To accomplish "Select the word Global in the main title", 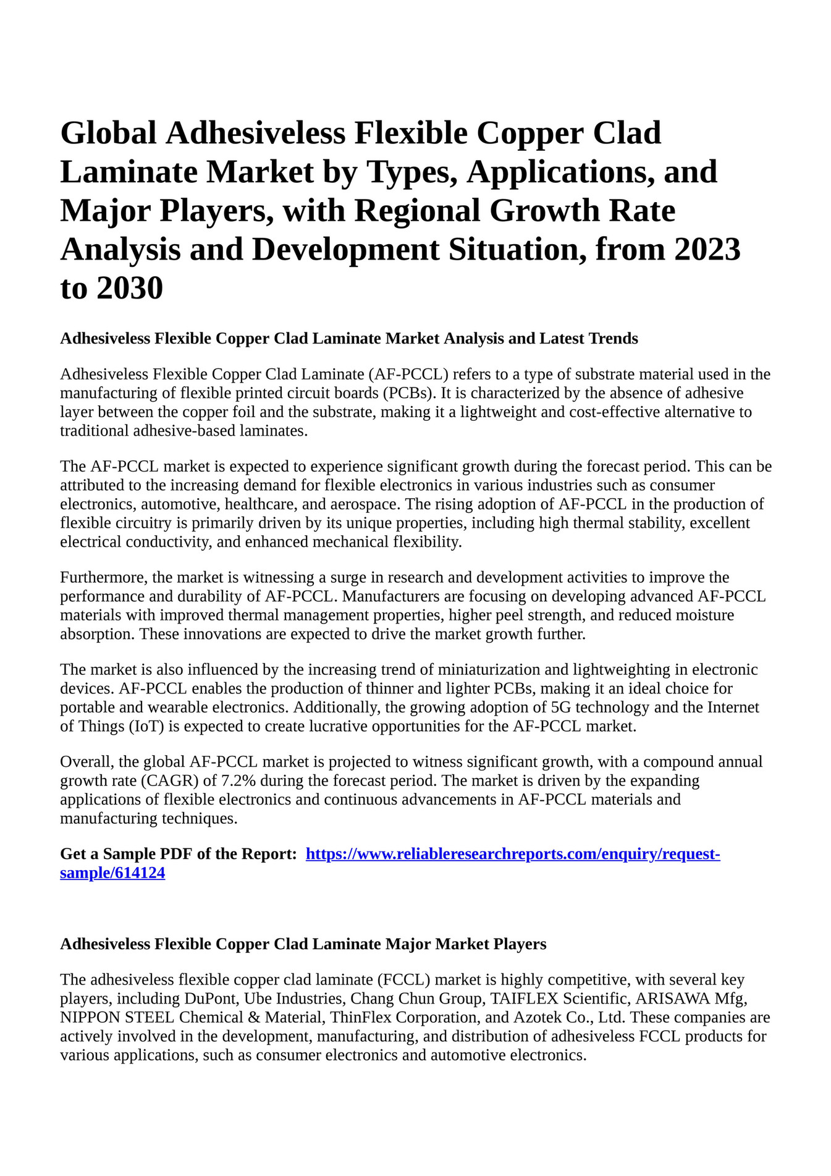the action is [108, 133].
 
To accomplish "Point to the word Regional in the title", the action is [421, 210].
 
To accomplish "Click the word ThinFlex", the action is [358, 1017].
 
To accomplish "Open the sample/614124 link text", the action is [112, 873].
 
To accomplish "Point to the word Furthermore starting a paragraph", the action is [103, 578].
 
